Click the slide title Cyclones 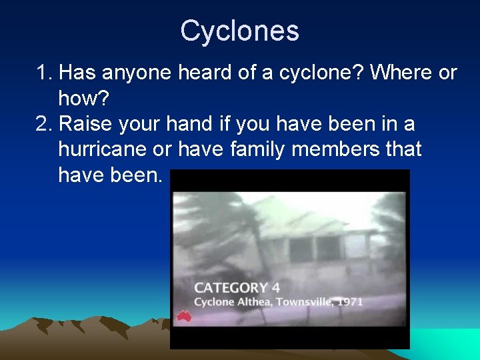pos(239,31)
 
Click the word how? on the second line pos(83,99)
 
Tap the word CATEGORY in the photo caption pos(231,288)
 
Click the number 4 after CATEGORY pos(275,288)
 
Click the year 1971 pos(351,302)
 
